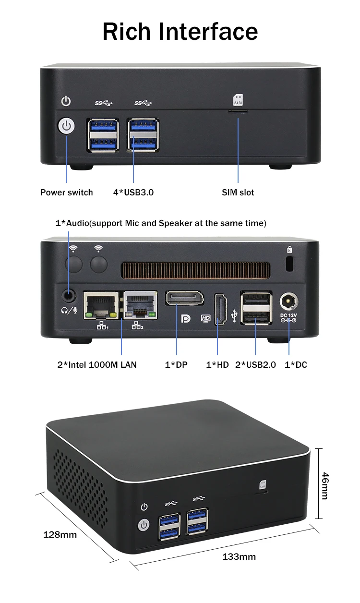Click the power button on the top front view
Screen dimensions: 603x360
tap(66, 127)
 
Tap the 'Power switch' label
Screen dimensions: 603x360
tap(66, 193)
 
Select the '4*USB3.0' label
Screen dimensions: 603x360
tap(133, 193)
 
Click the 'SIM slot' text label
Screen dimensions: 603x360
tap(238, 193)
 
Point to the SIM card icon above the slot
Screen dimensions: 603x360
tap(238, 99)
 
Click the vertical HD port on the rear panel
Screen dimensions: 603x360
tap(220, 309)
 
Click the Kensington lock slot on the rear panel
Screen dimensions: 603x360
tap(289, 263)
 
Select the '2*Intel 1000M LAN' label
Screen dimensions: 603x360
tap(97, 365)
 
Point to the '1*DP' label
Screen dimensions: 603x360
tap(176, 365)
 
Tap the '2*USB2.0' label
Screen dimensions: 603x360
tap(255, 365)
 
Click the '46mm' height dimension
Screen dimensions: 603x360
tap(325, 485)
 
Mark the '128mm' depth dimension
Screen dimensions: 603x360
tap(60, 534)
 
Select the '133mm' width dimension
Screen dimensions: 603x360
tap(239, 557)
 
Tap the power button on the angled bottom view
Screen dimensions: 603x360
tap(144, 525)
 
